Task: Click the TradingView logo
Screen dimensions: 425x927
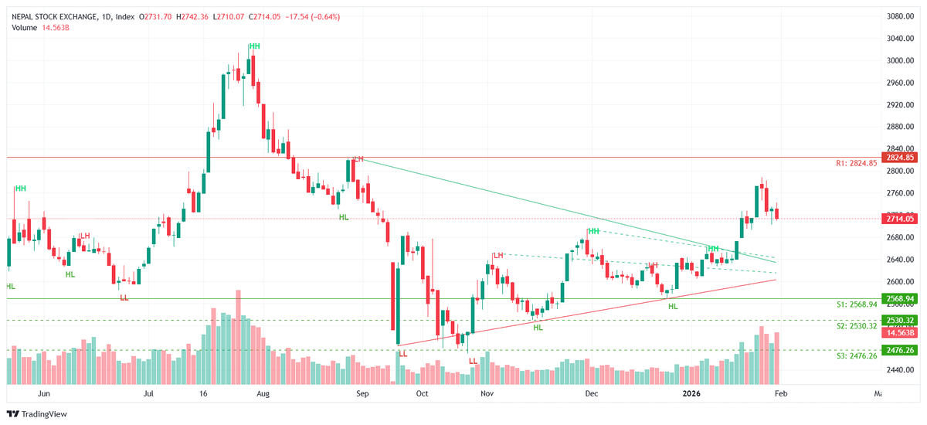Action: point(38,413)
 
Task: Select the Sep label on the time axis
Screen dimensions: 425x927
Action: point(360,393)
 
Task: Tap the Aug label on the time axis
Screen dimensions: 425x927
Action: point(263,393)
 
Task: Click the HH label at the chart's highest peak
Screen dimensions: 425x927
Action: point(254,46)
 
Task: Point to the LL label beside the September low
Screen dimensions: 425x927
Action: point(402,353)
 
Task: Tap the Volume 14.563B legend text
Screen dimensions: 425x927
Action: point(41,28)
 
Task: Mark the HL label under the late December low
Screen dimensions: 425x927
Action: point(673,307)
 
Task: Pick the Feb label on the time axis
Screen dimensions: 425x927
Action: point(780,393)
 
